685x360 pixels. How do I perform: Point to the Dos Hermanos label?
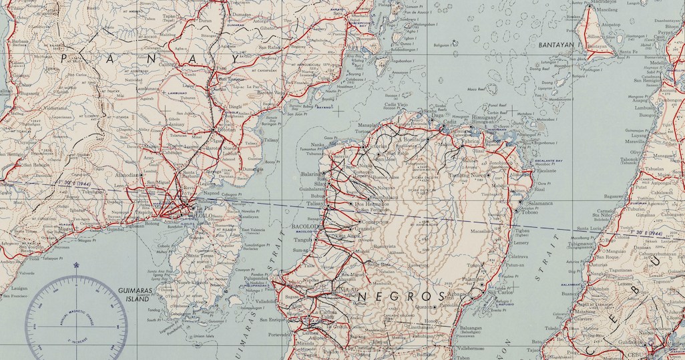[369, 204]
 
